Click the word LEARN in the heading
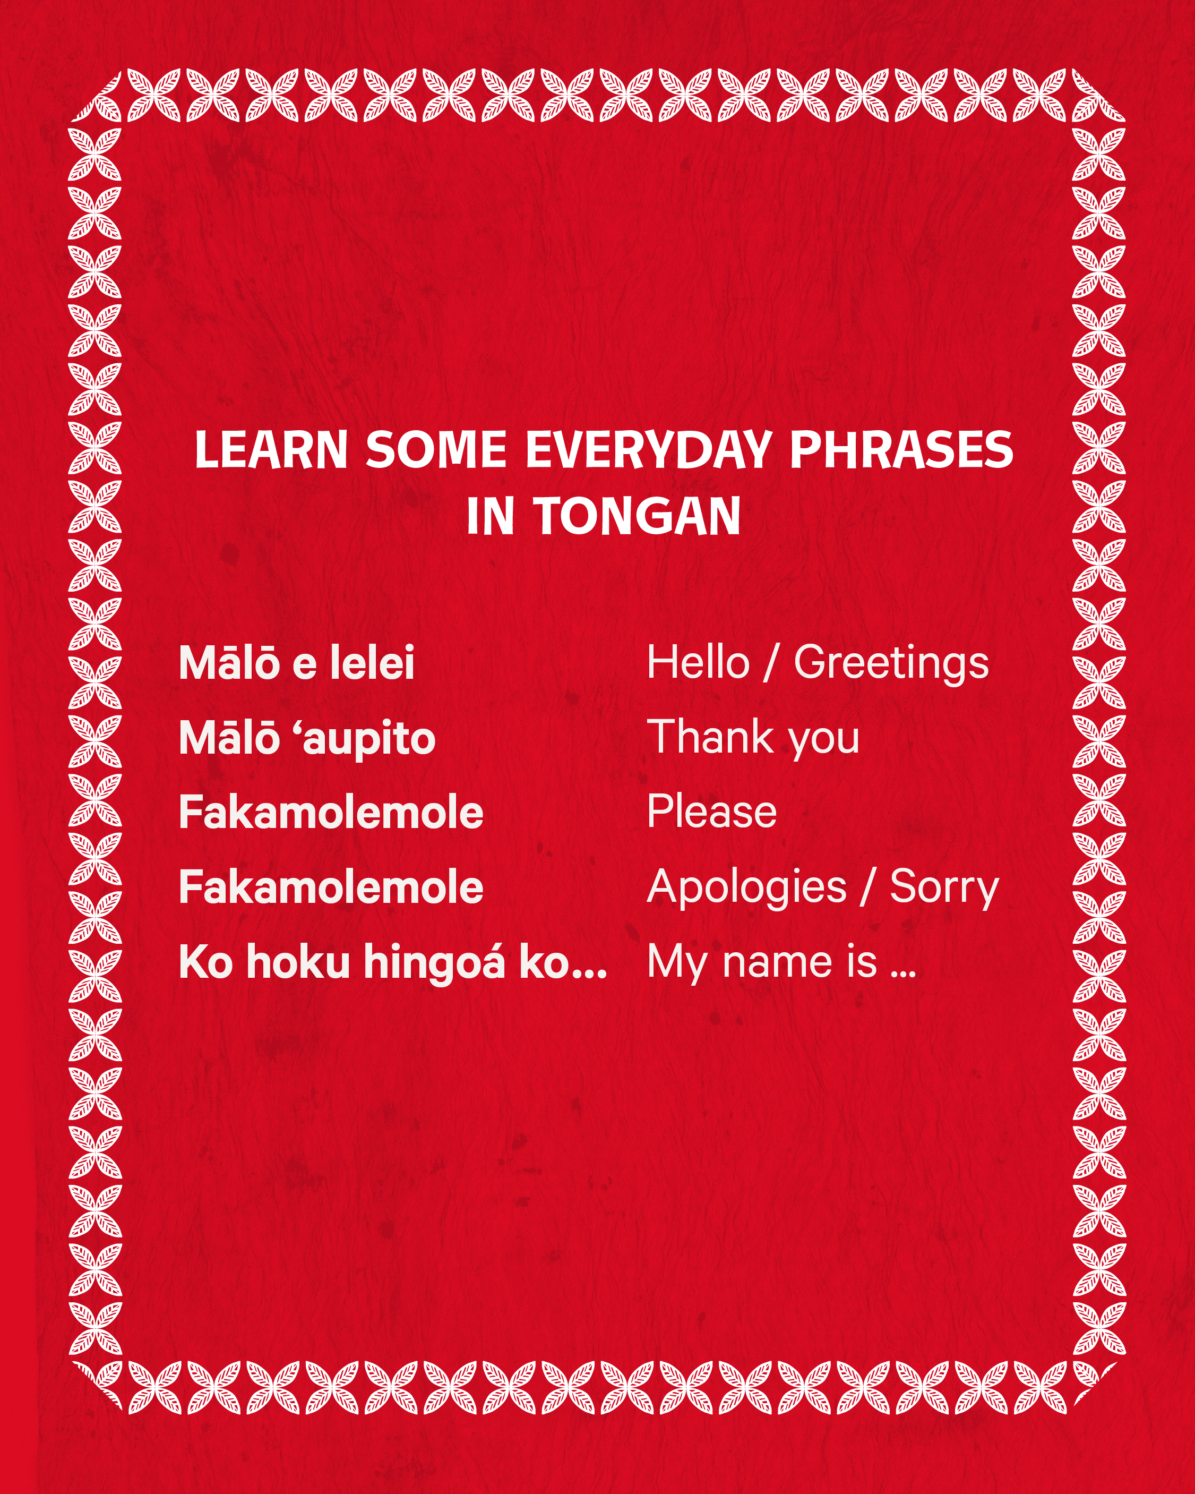click(x=271, y=450)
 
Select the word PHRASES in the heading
click(x=901, y=450)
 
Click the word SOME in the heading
click(x=436, y=450)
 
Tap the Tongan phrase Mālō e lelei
click(x=297, y=662)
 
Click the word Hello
click(x=698, y=662)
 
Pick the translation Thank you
click(x=753, y=739)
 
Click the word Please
click(x=711, y=812)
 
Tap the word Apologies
click(x=746, y=889)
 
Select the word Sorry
click(x=944, y=889)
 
